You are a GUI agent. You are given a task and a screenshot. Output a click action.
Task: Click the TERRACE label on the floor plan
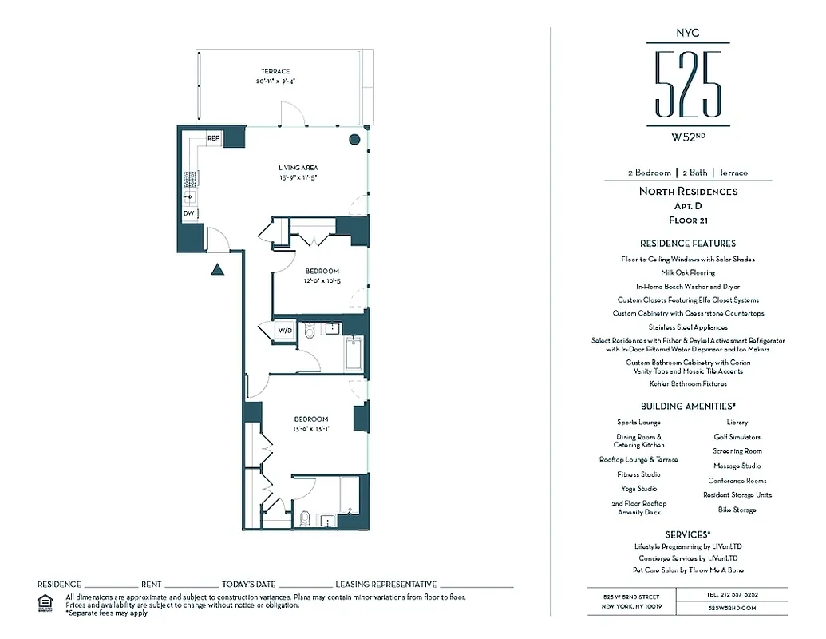pos(275,72)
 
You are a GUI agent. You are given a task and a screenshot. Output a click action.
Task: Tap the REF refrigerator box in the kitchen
pos(213,138)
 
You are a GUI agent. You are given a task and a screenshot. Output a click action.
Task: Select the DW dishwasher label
pos(189,213)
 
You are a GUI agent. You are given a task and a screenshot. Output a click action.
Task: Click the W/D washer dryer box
pos(285,331)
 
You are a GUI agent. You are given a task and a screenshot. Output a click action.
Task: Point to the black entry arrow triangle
pos(215,271)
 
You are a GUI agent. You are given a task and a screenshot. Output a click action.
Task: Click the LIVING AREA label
pos(298,168)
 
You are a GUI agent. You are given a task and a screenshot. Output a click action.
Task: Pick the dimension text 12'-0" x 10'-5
pos(321,281)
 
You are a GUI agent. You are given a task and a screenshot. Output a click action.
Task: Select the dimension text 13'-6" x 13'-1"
pos(310,429)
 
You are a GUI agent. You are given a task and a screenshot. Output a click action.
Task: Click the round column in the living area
pos(354,140)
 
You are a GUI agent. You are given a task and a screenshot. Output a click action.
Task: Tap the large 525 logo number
pos(688,85)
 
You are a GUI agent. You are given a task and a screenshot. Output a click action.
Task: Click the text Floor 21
pos(688,220)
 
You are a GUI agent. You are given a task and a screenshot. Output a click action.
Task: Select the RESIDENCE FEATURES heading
pos(688,244)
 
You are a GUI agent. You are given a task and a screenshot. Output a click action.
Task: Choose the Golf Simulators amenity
pos(737,437)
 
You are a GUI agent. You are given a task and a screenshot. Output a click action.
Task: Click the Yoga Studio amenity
pos(638,489)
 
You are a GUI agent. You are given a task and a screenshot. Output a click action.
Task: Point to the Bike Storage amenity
pos(737,510)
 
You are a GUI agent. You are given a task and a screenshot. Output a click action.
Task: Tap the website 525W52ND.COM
pos(732,608)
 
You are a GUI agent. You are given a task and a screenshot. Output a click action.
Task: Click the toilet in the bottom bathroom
pos(303,518)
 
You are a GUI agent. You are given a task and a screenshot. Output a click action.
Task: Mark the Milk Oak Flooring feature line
pos(687,273)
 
